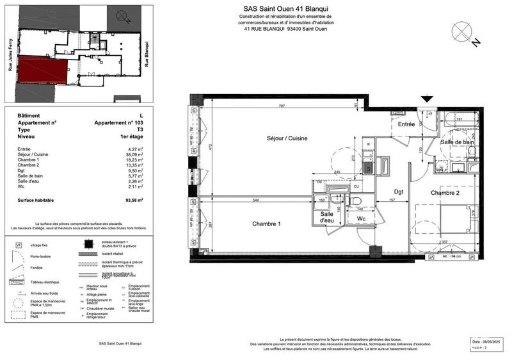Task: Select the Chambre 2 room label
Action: pyautogui.click(x=445, y=193)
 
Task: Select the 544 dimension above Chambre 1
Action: pyautogui.click(x=255, y=200)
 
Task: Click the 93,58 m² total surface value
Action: pyautogui.click(x=134, y=200)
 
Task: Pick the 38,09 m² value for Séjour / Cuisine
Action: pyautogui.click(x=133, y=155)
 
